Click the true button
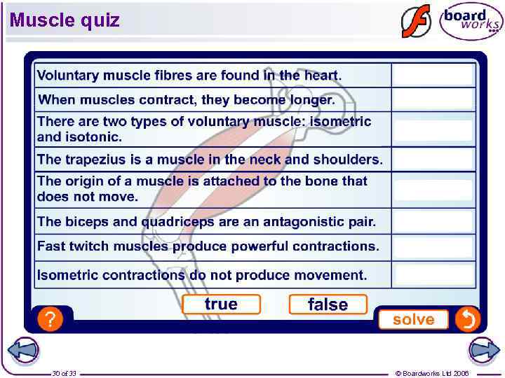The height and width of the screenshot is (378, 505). [221, 304]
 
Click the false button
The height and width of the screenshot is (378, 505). [328, 304]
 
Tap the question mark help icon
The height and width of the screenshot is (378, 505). [49, 320]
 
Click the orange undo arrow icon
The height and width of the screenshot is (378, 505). [467, 320]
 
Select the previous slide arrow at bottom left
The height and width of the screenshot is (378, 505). [22, 351]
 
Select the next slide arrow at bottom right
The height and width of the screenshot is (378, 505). [483, 351]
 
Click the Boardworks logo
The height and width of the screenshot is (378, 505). [471, 21]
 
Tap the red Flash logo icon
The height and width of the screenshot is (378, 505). [415, 21]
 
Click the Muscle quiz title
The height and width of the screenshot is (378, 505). [65, 20]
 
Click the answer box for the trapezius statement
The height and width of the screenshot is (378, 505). [433, 160]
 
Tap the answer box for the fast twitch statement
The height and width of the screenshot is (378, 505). [433, 246]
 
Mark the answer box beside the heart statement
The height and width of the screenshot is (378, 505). [433, 75]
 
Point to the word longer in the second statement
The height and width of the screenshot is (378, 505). [311, 100]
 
